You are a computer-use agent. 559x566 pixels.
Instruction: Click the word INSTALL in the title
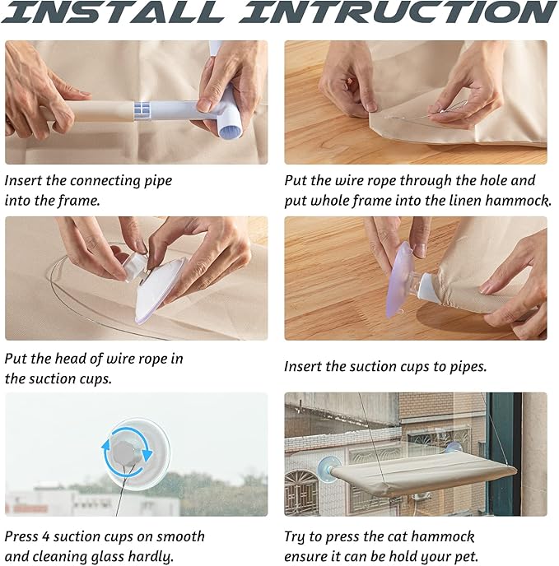click(x=113, y=12)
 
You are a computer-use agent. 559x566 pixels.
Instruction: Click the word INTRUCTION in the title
click(x=398, y=12)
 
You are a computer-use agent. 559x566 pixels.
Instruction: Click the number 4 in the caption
click(x=45, y=536)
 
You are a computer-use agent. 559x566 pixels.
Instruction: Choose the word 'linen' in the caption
click(x=465, y=201)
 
